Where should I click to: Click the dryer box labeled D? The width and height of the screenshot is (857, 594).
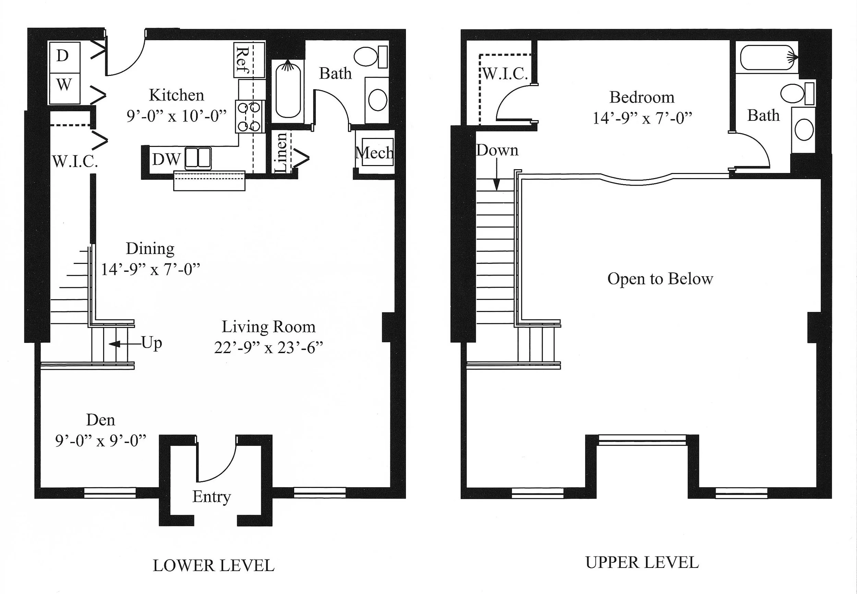(x=64, y=57)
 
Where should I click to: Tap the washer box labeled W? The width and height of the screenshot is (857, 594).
(x=64, y=88)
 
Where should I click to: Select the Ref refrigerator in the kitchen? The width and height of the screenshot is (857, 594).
(x=249, y=60)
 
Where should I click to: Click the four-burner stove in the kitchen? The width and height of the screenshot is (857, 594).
(x=250, y=116)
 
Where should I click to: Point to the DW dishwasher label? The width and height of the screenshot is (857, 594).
(x=166, y=160)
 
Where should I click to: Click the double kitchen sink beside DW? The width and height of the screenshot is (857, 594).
(x=198, y=159)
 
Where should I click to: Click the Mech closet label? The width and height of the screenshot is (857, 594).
(x=374, y=153)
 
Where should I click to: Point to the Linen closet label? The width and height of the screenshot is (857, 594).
(x=281, y=153)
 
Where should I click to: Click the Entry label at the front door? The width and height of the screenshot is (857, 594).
(x=212, y=497)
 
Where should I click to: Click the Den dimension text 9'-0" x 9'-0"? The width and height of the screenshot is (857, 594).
(x=100, y=441)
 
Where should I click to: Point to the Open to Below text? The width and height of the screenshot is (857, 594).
(x=660, y=279)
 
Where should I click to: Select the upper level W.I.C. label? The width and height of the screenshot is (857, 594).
(x=505, y=74)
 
